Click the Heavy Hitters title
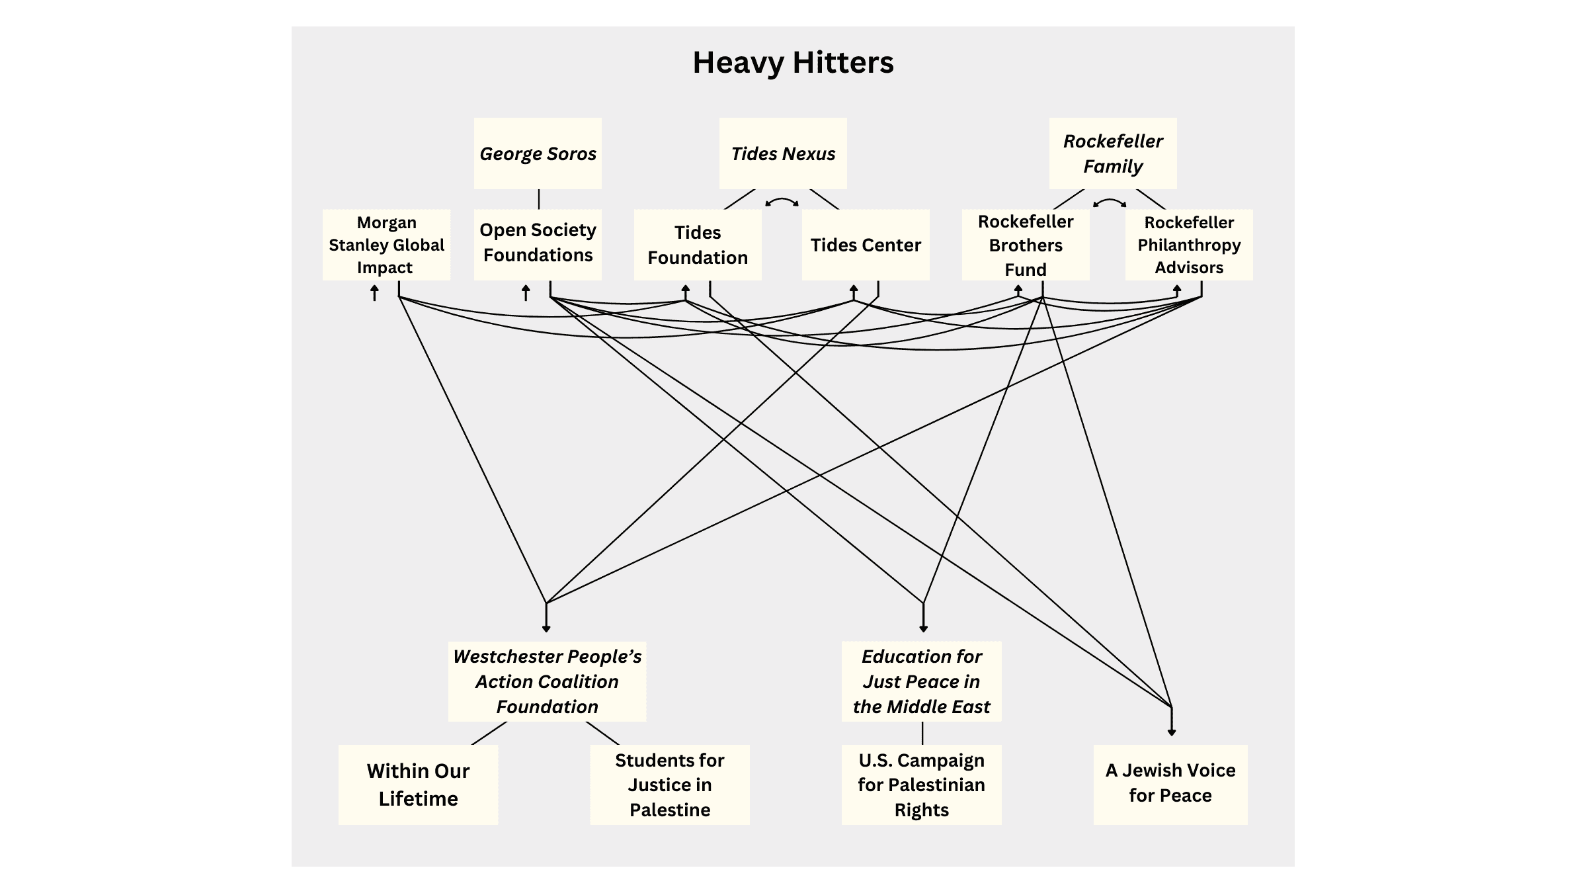793,63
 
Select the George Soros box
538,153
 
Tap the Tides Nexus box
783,153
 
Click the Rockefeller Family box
1113,153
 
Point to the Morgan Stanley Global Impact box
386,245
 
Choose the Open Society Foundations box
538,243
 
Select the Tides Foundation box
698,245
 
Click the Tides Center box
866,245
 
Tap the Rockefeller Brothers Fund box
1026,245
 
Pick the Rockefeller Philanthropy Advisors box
1189,245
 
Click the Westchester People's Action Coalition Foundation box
547,681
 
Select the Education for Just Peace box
921,681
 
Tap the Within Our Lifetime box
418,785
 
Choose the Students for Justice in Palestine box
670,785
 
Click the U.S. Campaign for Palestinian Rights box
921,785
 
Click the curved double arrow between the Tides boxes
782,200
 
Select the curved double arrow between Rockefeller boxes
1110,201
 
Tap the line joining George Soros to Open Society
539,199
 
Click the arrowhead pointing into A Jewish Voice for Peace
1172,732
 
